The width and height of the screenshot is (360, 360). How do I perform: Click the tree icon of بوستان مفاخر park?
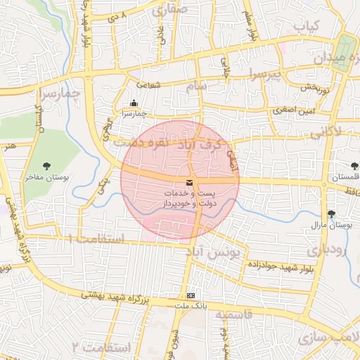[x=46, y=166]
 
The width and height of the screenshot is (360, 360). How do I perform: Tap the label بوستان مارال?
[x=330, y=226]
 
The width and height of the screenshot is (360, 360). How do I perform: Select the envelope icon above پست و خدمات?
[x=188, y=184]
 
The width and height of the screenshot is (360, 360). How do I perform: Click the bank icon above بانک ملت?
[x=191, y=295]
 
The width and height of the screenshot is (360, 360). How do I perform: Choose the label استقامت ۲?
[x=101, y=348]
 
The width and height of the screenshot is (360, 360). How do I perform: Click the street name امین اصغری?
[x=294, y=110]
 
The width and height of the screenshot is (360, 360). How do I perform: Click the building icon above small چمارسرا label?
[x=134, y=103]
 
